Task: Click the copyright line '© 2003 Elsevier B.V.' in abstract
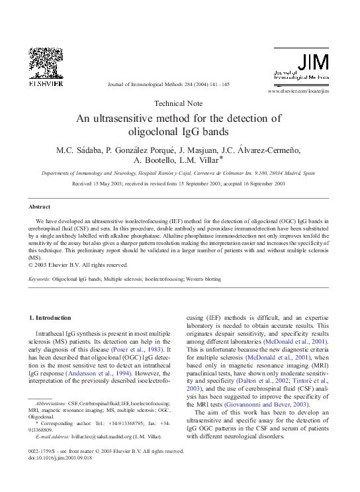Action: click(73, 264)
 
